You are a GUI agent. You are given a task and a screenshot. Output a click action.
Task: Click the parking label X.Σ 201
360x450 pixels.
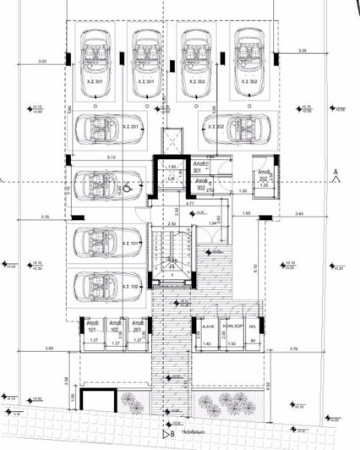tap(132, 126)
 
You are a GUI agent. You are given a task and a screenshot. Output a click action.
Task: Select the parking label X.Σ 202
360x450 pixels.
tap(214, 126)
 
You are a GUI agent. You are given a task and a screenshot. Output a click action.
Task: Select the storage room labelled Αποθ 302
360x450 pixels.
tap(203, 184)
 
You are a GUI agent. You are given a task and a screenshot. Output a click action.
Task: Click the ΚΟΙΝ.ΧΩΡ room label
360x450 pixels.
tap(233, 326)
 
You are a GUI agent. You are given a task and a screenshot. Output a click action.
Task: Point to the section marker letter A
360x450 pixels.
tap(335, 173)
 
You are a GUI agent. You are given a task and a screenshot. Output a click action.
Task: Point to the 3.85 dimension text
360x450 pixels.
tap(49, 348)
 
